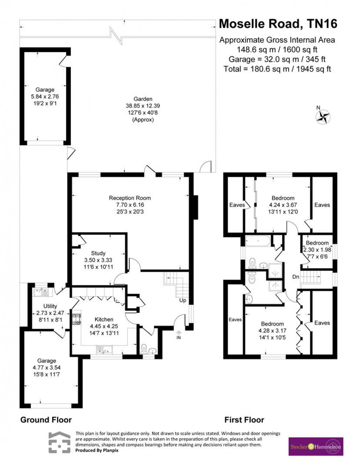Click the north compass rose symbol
(x=323, y=117)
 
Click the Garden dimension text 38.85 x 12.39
(x=143, y=106)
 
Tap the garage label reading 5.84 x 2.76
(x=45, y=97)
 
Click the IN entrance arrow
(x=179, y=335)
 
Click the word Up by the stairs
(x=183, y=300)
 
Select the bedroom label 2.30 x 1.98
(x=317, y=250)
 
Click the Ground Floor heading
(x=46, y=419)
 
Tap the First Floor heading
(x=244, y=419)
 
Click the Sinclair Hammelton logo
(x=316, y=447)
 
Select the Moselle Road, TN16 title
(x=278, y=24)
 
